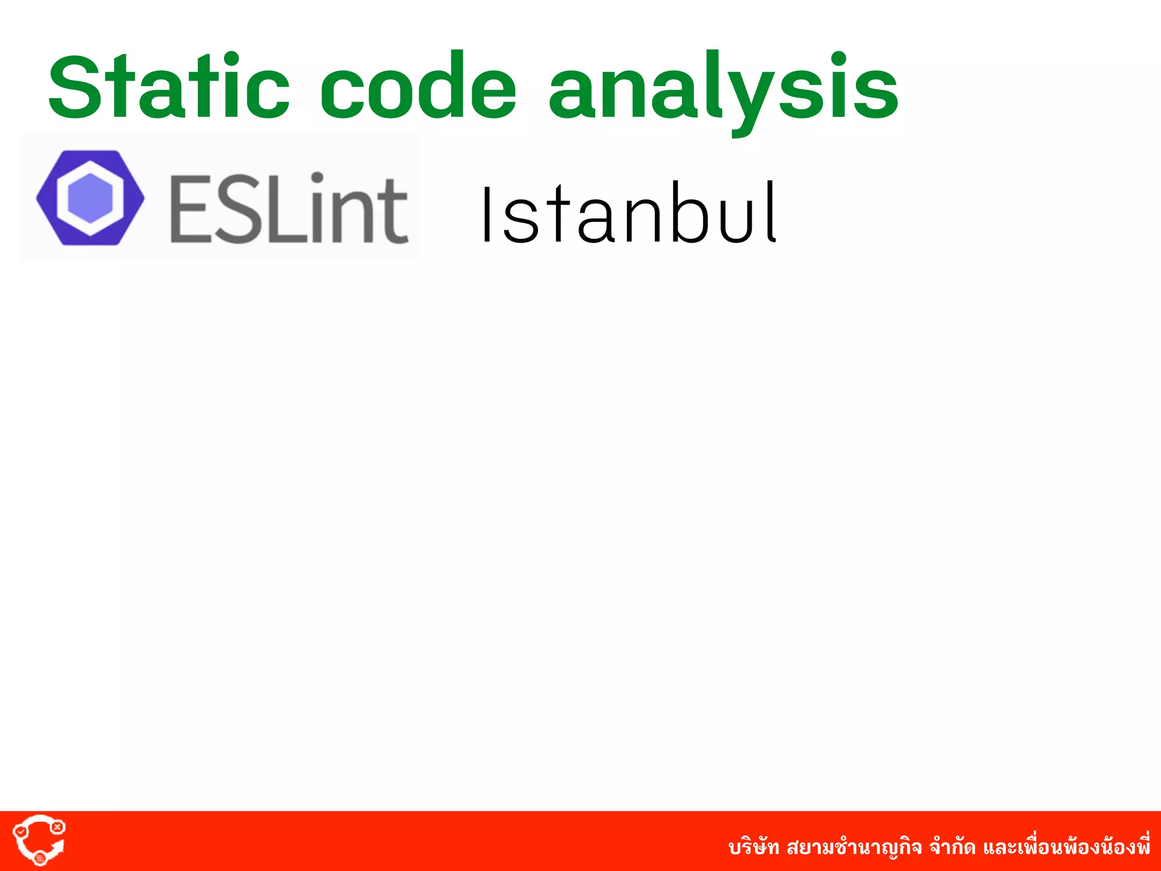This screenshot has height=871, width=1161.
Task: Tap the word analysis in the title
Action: pos(723,91)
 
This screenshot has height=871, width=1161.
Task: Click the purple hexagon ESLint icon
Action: pos(90,197)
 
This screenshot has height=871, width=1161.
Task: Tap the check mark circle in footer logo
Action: pos(20,831)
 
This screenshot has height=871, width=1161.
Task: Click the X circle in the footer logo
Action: pos(57,827)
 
